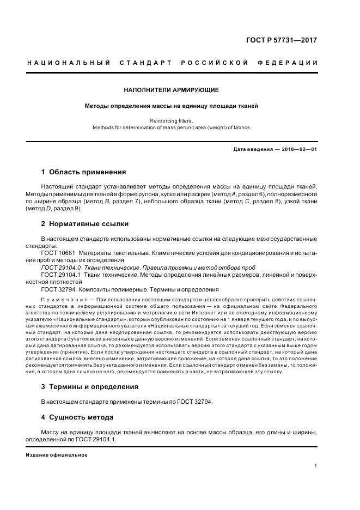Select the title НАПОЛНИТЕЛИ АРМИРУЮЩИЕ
click(x=172, y=89)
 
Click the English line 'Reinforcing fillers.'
click(x=172, y=120)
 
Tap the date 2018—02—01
click(x=299, y=149)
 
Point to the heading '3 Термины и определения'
click(x=89, y=386)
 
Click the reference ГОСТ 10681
click(x=57, y=253)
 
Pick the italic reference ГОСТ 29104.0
click(x=60, y=268)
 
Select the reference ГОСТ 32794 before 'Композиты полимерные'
click(x=57, y=289)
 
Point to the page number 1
click(x=316, y=466)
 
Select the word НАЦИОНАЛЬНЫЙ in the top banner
click(x=69, y=63)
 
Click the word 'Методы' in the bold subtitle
click(x=97, y=106)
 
